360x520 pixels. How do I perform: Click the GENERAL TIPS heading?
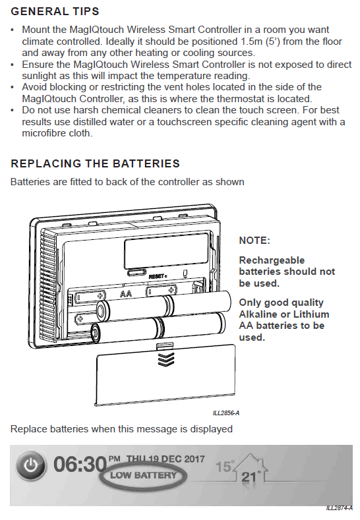pyautogui.click(x=55, y=11)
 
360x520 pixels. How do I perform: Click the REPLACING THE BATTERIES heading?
pyautogui.click(x=95, y=163)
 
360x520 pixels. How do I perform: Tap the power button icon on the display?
pyautogui.click(x=30, y=465)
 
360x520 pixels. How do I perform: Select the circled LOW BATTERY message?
pyautogui.click(x=143, y=475)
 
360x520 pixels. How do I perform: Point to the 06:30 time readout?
pyautogui.click(x=80, y=464)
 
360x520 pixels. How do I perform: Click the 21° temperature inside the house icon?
pyautogui.click(x=251, y=477)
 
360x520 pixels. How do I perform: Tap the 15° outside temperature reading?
pyautogui.click(x=225, y=466)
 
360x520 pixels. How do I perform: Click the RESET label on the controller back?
pyautogui.click(x=158, y=276)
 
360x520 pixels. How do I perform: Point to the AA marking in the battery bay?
pyautogui.click(x=126, y=293)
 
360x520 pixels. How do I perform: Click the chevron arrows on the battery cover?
pyautogui.click(x=166, y=359)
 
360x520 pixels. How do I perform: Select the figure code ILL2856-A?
pyautogui.click(x=226, y=413)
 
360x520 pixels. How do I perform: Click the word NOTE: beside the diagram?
pyautogui.click(x=255, y=241)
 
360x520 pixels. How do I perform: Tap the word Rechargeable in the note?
pyautogui.click(x=272, y=260)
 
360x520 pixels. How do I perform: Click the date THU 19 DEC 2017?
pyautogui.click(x=165, y=459)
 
